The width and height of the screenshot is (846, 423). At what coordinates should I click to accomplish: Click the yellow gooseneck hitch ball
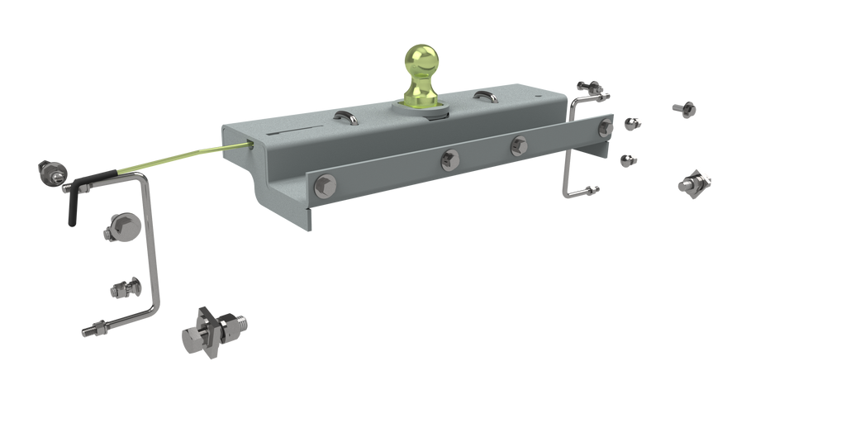click(x=422, y=65)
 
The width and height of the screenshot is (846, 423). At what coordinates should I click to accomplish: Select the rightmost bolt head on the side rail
click(x=609, y=126)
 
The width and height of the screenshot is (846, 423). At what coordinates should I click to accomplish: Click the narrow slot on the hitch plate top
click(x=296, y=131)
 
